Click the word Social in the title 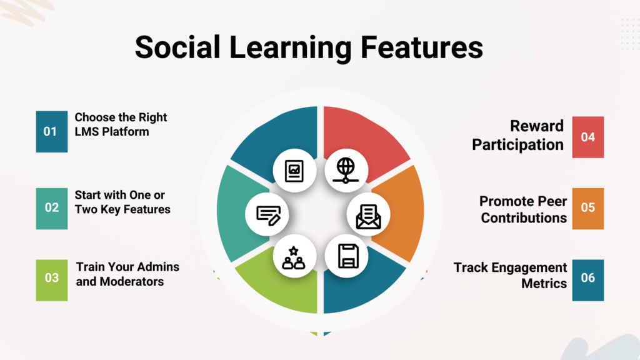pos(177,47)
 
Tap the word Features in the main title pos(422,47)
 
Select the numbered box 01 pos(52,131)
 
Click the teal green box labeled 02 pos(52,208)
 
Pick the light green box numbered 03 pos(52,280)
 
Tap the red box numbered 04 pos(587,137)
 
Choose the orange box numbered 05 pos(587,208)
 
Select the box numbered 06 pos(587,280)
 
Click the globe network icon pos(346,170)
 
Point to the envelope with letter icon pos(369,216)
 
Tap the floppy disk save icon pos(348,256)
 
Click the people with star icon pos(294,258)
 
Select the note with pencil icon pos(268,216)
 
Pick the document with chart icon pos(294,171)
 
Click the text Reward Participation pos(517,136)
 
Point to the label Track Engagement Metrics pos(510,275)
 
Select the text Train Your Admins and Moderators pos(127,274)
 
